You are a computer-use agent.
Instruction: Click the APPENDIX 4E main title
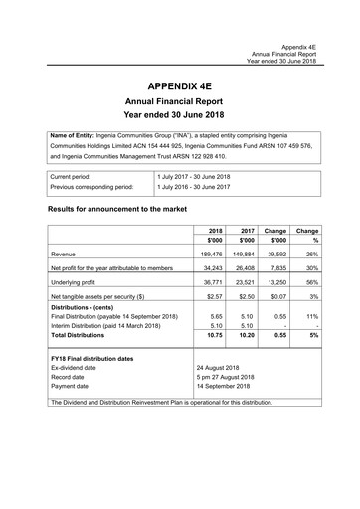click(x=179, y=87)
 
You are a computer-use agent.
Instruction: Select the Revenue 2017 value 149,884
click(x=245, y=254)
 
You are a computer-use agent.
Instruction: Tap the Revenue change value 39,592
click(x=277, y=254)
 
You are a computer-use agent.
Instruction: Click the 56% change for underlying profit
click(x=311, y=282)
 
